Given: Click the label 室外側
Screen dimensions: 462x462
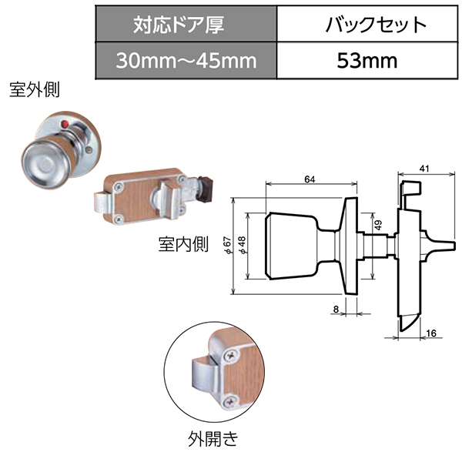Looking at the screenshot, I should [35, 90].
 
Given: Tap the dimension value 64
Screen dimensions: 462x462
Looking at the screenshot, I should [310, 179].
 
